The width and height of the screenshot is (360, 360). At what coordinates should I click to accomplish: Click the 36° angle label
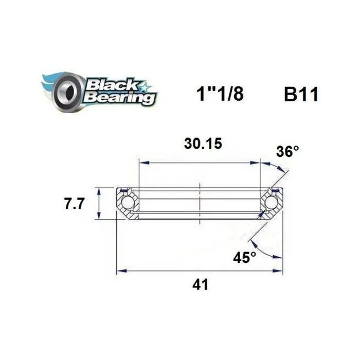287,152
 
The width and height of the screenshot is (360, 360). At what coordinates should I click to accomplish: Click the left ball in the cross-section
127,203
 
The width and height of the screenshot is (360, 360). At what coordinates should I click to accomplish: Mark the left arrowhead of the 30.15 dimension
141,163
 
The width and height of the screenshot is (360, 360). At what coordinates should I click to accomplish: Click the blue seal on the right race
276,191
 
